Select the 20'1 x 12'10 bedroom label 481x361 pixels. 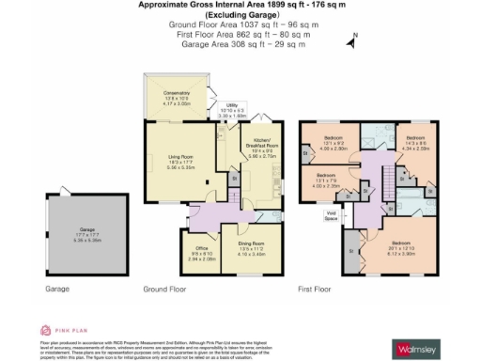click(x=402, y=247)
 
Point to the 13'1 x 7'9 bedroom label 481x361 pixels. click(x=326, y=179)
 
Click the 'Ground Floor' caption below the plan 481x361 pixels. click(x=162, y=290)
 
